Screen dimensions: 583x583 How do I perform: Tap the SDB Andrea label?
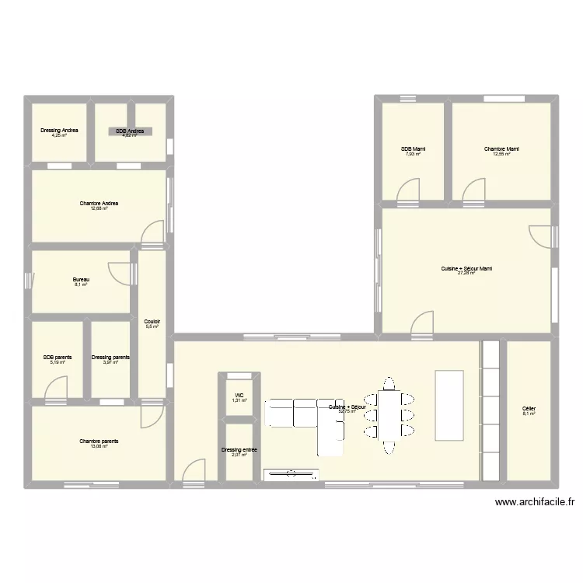(131, 131)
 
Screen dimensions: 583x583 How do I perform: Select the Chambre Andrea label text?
(99, 204)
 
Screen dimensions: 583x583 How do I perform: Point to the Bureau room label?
(81, 280)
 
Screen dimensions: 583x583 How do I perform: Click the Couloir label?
(152, 322)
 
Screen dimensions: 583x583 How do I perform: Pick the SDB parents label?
(58, 358)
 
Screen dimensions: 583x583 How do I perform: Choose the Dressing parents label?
(110, 358)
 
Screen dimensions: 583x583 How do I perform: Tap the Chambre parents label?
(99, 441)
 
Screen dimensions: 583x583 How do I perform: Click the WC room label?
(239, 395)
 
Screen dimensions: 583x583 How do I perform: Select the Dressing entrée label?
(239, 449)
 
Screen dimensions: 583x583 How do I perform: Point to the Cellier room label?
(529, 408)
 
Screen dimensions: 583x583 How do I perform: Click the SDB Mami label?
(413, 149)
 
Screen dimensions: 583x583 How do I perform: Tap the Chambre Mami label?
(501, 149)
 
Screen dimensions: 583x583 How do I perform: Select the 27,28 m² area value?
(466, 274)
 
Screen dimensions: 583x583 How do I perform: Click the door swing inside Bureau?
(119, 272)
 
